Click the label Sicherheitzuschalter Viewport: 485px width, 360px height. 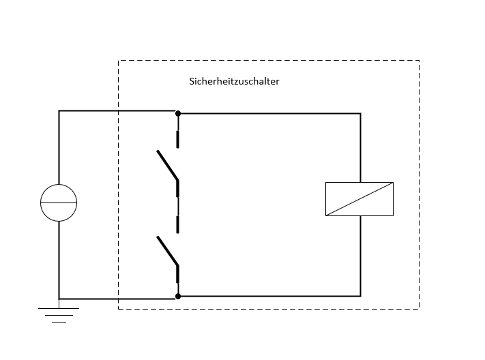point(234,81)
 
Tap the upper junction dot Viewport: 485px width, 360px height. point(178,113)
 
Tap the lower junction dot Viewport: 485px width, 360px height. point(178,297)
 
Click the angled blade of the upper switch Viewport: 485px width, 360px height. point(167,165)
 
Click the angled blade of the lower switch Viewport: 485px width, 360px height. point(167,251)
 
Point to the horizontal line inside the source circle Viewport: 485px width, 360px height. point(59,203)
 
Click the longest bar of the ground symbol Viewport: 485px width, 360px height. point(59,308)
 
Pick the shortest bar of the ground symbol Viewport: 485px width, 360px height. point(59,322)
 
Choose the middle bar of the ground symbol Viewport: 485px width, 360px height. point(59,316)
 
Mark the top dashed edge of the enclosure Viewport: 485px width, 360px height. point(269,60)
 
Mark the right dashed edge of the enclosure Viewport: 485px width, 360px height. point(420,185)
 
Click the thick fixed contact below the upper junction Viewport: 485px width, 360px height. point(177,140)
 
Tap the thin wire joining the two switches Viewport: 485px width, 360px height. point(178,207)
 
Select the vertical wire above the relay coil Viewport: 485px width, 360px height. point(361,148)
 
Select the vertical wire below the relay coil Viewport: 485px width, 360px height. point(361,256)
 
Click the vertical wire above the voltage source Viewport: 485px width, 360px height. point(59,147)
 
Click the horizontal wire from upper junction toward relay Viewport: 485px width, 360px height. point(269,113)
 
